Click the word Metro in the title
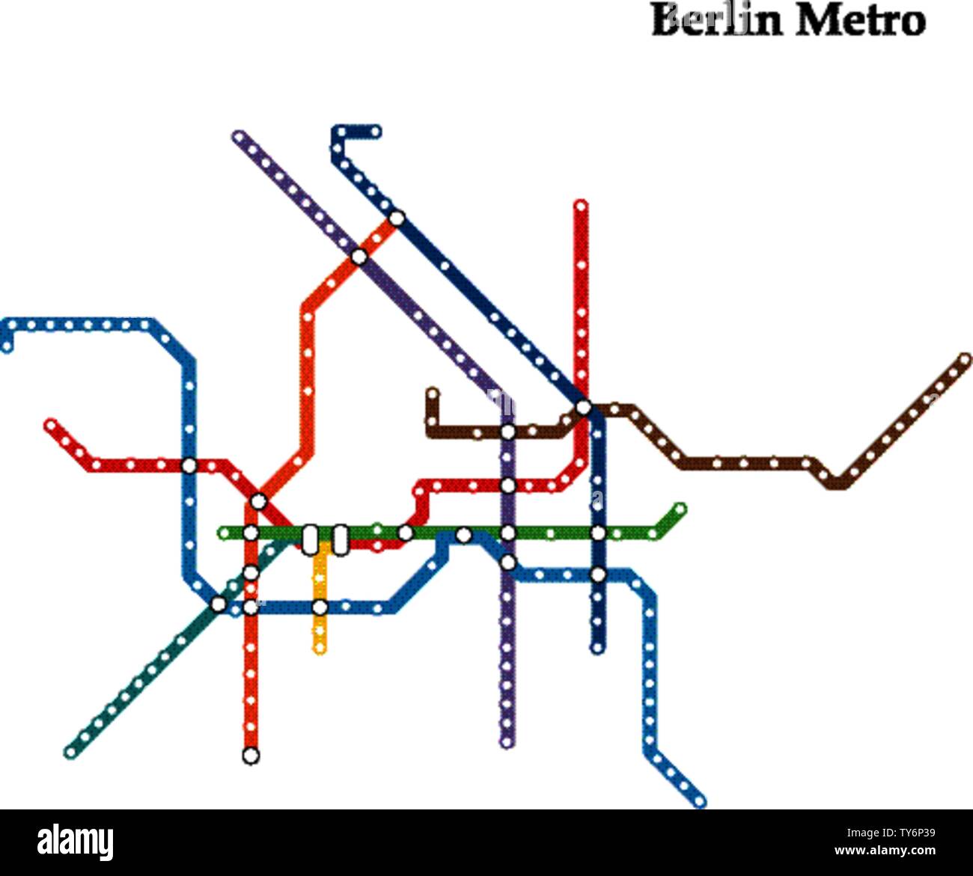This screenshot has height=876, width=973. click(860, 21)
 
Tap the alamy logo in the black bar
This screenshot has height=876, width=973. click(76, 842)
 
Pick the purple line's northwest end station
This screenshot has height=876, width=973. click(240, 137)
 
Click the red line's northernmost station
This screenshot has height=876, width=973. click(581, 204)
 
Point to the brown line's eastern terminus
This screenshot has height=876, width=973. click(964, 360)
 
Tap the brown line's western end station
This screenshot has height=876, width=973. click(432, 392)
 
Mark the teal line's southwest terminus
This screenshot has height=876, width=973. click(71, 752)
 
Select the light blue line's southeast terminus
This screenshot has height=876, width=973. click(700, 803)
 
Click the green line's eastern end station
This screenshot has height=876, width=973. click(679, 509)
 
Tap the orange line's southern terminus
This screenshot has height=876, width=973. click(251, 756)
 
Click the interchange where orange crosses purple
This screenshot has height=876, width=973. click(360, 257)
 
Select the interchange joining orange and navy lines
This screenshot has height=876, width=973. click(397, 218)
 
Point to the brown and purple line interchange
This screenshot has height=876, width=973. click(507, 432)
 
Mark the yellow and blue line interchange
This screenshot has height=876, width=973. click(320, 607)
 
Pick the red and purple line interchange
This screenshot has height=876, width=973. click(507, 486)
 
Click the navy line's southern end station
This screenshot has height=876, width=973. click(597, 648)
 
